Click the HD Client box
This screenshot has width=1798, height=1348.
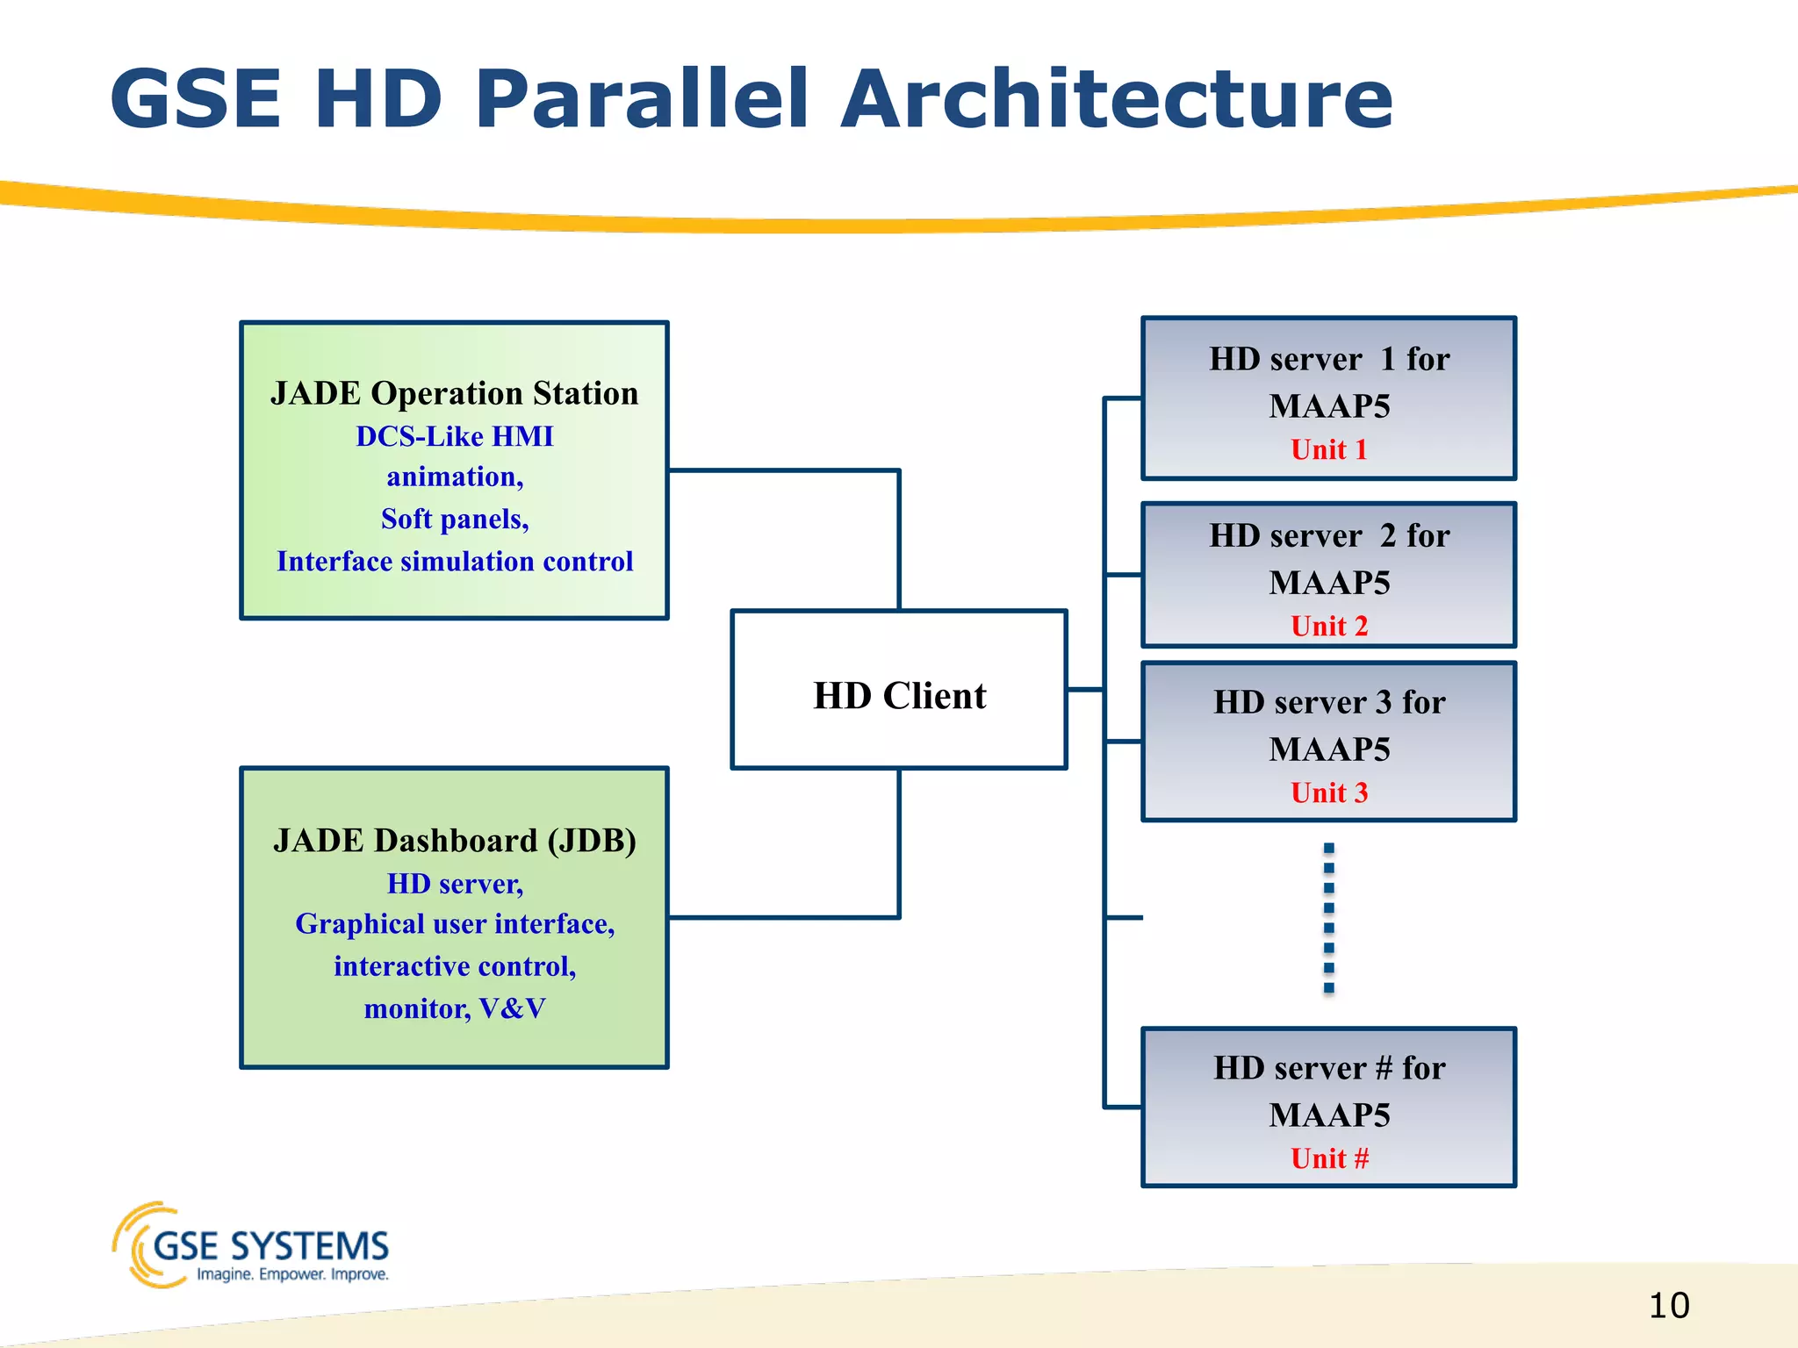coord(899,690)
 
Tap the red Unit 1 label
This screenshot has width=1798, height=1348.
coord(1328,450)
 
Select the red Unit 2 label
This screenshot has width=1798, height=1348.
coord(1328,627)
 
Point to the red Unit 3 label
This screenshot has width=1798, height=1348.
coord(1328,793)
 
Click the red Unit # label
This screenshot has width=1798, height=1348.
coord(1328,1159)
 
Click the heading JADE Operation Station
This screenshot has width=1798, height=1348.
coord(454,393)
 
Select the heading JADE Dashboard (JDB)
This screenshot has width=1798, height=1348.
coord(454,841)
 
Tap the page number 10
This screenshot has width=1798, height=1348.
coord(1668,1306)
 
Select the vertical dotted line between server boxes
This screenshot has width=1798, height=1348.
coord(1328,917)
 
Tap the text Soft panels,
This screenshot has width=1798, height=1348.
coord(454,520)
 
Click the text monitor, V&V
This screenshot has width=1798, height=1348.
coord(454,1009)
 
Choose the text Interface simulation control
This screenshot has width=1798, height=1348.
coord(454,562)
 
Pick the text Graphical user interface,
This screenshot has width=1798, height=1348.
coord(454,924)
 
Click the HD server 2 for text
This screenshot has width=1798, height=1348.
coord(1328,536)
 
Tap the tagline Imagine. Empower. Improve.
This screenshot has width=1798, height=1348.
coord(292,1274)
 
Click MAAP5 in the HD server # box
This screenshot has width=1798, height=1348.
coord(1328,1115)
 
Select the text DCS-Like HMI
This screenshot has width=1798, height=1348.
coord(454,436)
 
